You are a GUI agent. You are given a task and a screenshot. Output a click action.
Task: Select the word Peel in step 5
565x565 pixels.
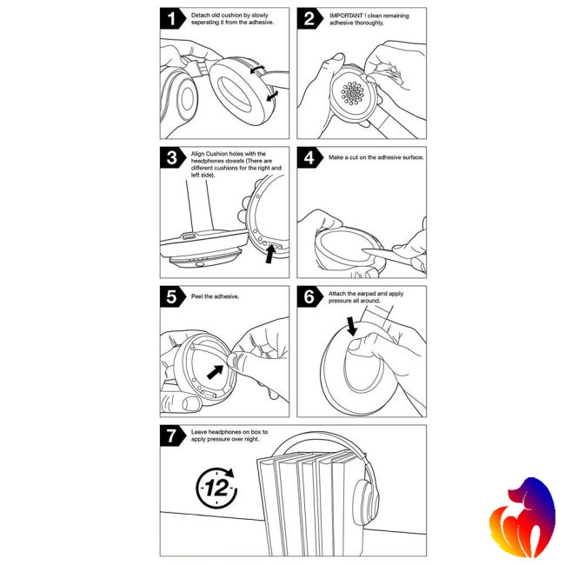199,296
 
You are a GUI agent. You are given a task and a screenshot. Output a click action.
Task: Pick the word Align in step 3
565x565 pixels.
200,154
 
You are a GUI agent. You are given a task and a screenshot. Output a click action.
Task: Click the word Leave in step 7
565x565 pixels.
202,432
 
